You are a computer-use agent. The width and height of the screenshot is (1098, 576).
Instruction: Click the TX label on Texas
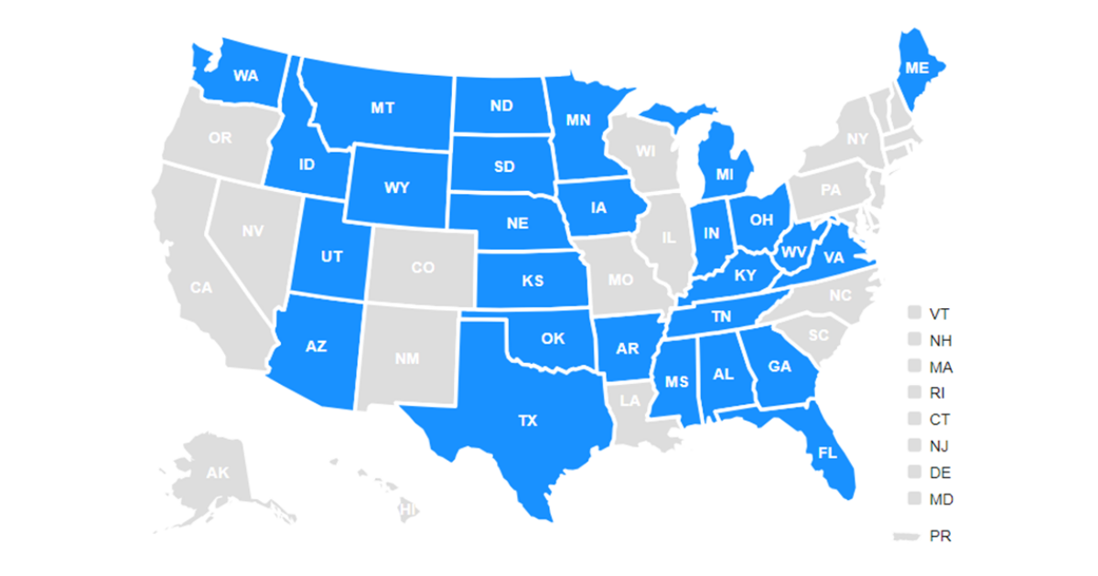click(528, 421)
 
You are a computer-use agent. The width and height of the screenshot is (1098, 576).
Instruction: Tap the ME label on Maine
click(916, 68)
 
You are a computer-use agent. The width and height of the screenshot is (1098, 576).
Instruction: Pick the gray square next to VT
click(914, 314)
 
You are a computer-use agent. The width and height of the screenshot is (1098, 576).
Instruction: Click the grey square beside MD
click(914, 499)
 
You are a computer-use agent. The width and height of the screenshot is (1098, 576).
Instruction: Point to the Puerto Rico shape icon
click(905, 537)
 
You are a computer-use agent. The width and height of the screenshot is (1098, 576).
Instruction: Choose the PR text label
click(940, 537)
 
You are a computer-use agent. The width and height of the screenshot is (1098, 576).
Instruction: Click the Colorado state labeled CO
click(423, 268)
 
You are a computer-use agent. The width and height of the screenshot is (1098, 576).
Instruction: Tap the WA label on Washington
click(245, 76)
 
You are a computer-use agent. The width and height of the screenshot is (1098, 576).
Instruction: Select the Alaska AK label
click(217, 473)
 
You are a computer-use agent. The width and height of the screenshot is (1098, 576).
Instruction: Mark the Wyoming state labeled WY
click(397, 187)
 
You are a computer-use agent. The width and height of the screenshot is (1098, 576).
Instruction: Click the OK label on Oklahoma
click(553, 338)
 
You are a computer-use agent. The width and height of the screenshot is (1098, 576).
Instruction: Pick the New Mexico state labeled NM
click(407, 358)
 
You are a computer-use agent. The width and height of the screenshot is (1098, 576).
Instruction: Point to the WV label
click(793, 251)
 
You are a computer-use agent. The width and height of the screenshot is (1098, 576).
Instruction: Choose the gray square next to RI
click(914, 393)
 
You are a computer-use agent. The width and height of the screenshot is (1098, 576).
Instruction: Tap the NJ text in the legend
click(939, 446)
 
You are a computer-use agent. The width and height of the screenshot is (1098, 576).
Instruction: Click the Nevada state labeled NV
click(253, 231)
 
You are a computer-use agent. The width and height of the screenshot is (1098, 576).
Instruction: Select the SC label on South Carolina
click(817, 336)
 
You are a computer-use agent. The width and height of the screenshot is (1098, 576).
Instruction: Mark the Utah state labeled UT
click(332, 256)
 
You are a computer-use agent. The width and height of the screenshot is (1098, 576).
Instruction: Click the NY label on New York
click(857, 139)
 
